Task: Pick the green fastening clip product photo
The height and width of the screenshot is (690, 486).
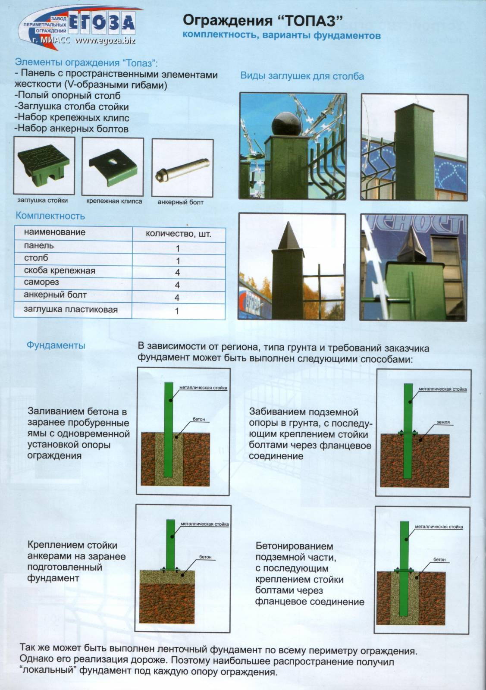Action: click(x=112, y=166)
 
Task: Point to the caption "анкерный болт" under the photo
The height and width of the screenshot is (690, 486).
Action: click(x=180, y=202)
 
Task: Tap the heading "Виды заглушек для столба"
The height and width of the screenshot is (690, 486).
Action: click(x=302, y=76)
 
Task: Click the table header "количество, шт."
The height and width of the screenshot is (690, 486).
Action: click(x=179, y=234)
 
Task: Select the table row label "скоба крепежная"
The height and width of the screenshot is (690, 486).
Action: click(x=60, y=271)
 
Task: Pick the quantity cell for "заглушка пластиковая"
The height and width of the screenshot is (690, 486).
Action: click(x=177, y=310)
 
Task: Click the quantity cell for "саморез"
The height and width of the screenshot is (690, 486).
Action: click(x=177, y=285)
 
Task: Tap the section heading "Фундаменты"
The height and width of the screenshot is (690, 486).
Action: click(x=56, y=345)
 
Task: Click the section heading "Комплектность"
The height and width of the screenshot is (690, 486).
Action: click(x=50, y=216)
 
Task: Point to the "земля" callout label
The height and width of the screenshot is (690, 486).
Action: click(x=443, y=422)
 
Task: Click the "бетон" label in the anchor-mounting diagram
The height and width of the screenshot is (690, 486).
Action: click(x=205, y=557)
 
